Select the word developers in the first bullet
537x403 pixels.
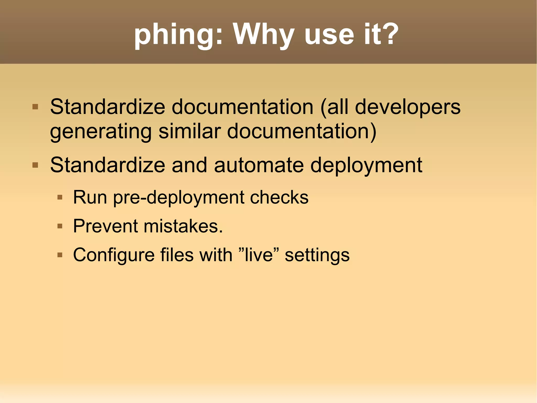click(x=407, y=108)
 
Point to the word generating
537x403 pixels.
click(x=101, y=132)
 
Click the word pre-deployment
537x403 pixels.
click(x=179, y=198)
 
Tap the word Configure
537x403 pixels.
click(x=114, y=255)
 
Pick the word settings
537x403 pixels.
click(x=317, y=255)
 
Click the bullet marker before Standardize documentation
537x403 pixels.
click(x=35, y=107)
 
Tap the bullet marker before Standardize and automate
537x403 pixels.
click(x=35, y=165)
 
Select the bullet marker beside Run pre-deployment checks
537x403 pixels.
click(x=60, y=197)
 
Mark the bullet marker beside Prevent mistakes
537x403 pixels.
click(x=60, y=226)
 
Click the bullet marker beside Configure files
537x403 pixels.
click(x=60, y=255)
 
